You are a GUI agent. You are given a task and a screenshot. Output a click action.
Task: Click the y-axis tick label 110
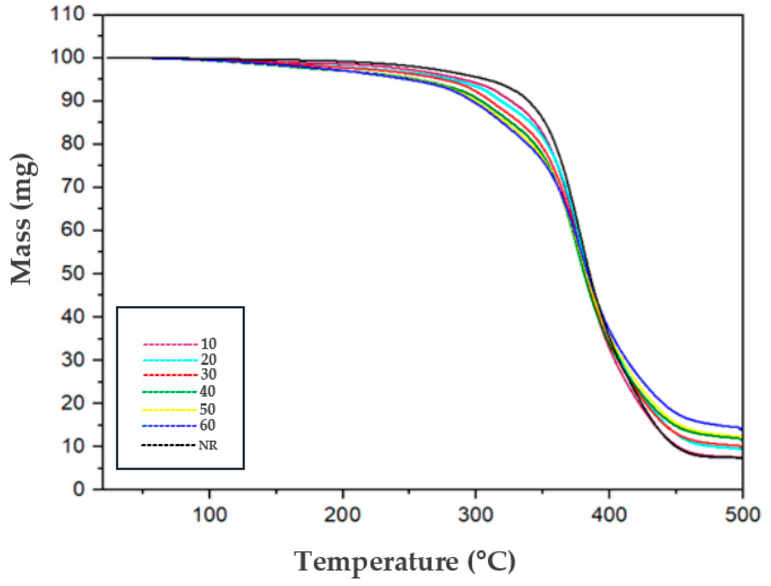tap(68, 14)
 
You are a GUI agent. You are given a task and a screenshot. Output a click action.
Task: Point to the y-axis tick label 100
tap(68, 57)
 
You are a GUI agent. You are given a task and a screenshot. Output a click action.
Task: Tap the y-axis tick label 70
tap(73, 186)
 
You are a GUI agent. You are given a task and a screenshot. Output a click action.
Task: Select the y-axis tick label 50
tap(73, 273)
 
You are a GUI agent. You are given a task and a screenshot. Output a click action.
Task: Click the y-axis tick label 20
tap(73, 403)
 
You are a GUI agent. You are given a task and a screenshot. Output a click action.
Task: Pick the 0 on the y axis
tap(79, 489)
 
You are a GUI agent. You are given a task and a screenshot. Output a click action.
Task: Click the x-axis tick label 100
tap(209, 515)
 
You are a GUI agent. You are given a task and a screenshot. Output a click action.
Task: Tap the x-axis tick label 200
tap(342, 515)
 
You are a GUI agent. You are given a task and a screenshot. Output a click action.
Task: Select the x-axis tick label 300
tap(476, 515)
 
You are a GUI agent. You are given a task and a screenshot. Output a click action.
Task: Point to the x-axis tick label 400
tap(609, 515)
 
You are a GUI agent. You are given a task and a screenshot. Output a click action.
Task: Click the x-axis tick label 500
tap(742, 515)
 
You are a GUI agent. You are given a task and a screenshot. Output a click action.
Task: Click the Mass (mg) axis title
tap(23, 220)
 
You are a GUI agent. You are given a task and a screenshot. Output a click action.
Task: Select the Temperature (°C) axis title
tap(405, 562)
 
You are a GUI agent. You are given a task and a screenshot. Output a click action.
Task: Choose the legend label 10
tap(209, 344)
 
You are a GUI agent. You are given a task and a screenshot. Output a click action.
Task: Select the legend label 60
tap(207, 425)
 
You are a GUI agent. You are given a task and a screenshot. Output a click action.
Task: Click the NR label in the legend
tap(208, 446)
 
